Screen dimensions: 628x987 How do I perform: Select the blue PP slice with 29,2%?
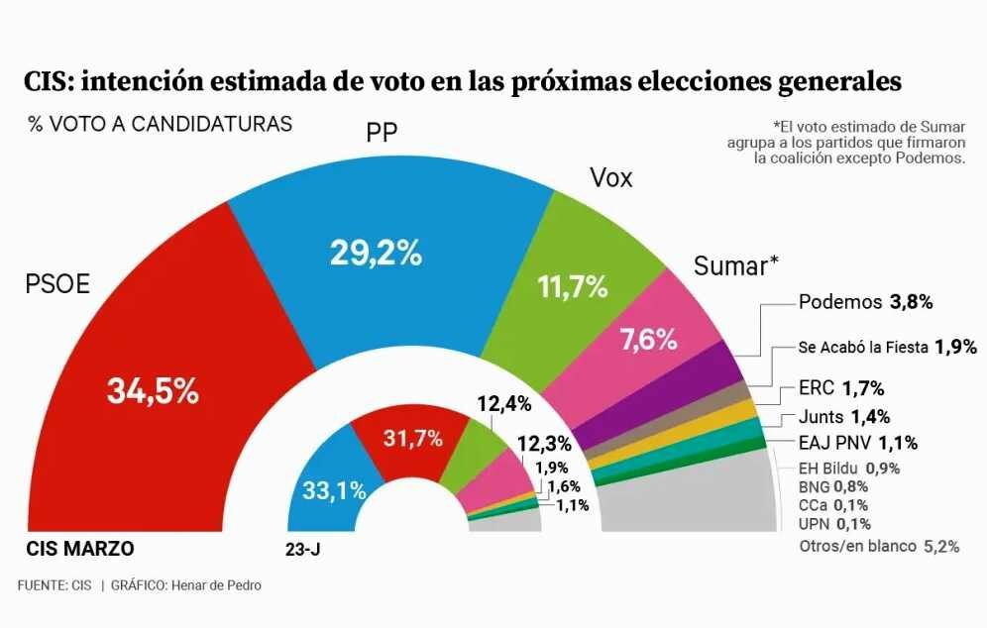click(x=377, y=256)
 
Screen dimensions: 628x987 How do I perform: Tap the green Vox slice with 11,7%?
click(x=573, y=287)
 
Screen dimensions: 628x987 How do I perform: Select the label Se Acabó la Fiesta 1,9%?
click(x=887, y=347)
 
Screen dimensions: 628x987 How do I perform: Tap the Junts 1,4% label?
click(x=843, y=416)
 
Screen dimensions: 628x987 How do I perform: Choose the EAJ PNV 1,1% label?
click(x=857, y=443)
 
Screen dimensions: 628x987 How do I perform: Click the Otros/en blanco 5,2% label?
click(x=878, y=546)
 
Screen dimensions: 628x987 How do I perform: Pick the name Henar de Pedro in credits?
click(x=218, y=585)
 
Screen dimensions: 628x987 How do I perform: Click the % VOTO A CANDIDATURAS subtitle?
click(x=160, y=125)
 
